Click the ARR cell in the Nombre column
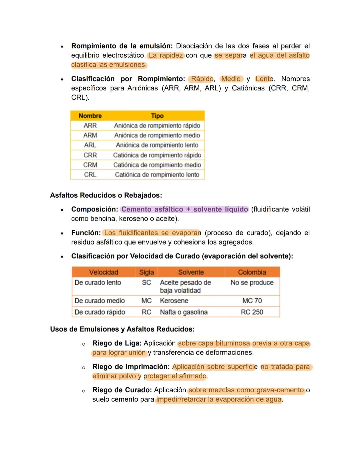point(90,126)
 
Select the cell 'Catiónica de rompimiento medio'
point(157,165)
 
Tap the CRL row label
point(90,175)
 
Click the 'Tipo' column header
point(157,116)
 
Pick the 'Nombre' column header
point(90,116)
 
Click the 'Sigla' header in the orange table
point(146,272)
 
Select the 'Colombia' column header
point(252,272)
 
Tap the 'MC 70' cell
point(252,301)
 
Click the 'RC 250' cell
point(252,312)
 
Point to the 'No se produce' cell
point(252,283)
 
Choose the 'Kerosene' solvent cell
point(174,301)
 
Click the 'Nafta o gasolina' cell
point(184,312)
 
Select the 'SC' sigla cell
point(146,283)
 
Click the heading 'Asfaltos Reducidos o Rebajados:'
point(106,195)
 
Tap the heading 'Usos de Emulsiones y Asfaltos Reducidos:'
point(122,329)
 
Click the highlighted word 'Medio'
point(231,79)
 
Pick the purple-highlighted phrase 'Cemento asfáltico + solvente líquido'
point(185,209)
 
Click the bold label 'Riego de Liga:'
point(117,343)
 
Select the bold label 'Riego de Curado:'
point(122,390)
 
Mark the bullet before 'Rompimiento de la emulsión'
point(62,47)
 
